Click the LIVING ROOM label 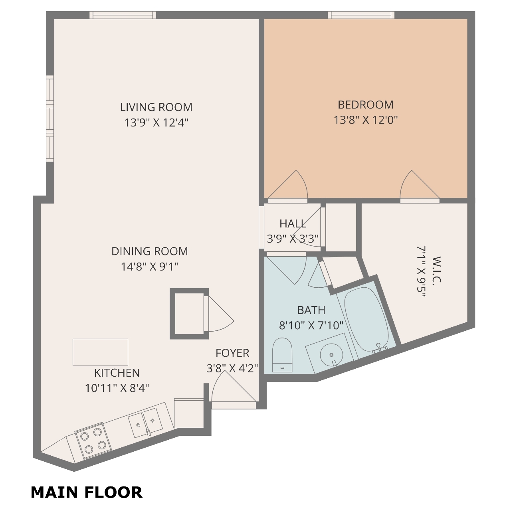(156, 107)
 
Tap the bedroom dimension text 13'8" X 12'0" (366, 120)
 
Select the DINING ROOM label (150, 251)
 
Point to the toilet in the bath (282, 355)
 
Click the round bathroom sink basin (331, 355)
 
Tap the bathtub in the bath (366, 321)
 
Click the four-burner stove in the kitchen (93, 441)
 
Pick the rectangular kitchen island (101, 352)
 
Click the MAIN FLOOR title (87, 492)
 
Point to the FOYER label (233, 353)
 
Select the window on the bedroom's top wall (361, 15)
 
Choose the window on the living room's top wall (123, 15)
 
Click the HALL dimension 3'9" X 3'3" (293, 239)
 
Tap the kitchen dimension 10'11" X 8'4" (117, 388)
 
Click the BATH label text (311, 310)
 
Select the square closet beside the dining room (189, 314)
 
